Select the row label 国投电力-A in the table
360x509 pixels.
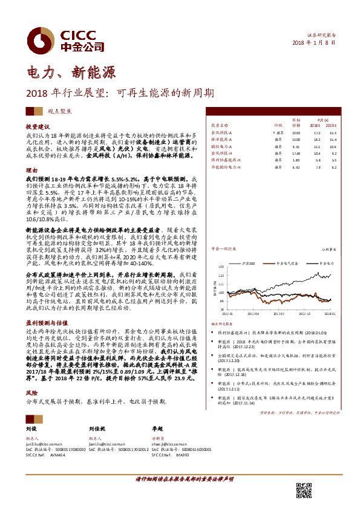(x=221, y=146)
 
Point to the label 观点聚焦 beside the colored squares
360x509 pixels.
(x=59, y=112)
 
